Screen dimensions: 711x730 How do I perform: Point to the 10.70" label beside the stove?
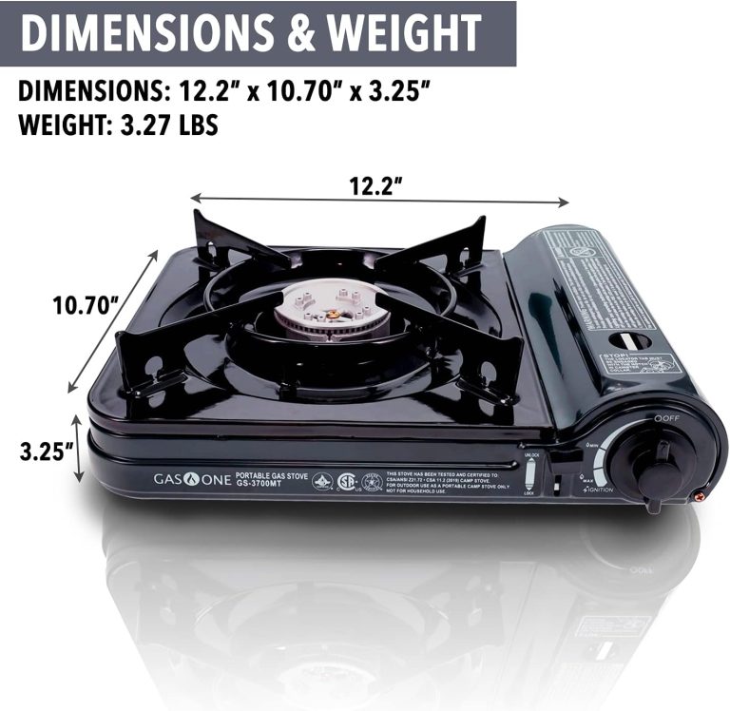click(85, 306)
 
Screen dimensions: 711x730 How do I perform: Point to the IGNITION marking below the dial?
click(598, 490)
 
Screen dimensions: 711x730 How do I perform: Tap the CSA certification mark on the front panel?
click(347, 481)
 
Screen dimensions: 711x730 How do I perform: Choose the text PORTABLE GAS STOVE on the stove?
click(270, 474)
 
